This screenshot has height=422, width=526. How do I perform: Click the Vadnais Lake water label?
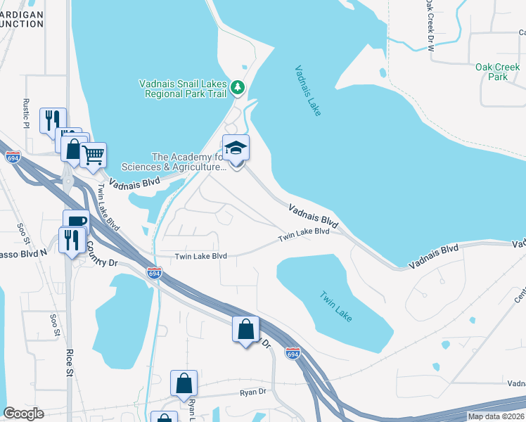[308, 91]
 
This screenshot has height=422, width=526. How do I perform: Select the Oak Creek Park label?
[492, 71]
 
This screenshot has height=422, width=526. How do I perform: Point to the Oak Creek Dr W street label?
[430, 26]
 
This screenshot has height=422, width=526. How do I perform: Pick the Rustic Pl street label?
[26, 113]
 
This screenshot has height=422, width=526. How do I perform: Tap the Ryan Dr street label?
[253, 393]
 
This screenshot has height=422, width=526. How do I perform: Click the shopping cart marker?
[93, 155]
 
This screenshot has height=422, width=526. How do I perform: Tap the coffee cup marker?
[76, 222]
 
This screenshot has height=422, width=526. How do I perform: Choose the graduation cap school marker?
[236, 149]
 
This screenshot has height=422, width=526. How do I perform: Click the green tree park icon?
[238, 87]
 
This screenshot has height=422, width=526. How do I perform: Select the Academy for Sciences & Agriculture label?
[174, 162]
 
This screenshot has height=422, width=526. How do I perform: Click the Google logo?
[23, 414]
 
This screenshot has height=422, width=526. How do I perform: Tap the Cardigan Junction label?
[21, 18]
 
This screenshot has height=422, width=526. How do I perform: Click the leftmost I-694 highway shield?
[11, 158]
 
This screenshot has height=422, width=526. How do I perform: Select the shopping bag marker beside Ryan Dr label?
[184, 384]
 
